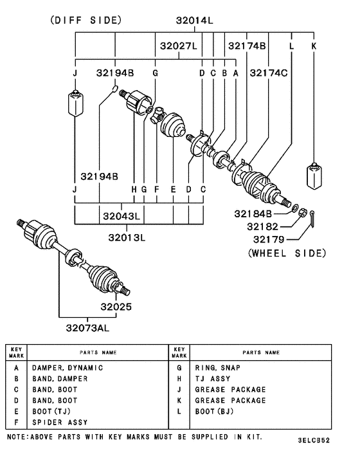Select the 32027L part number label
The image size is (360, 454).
[179, 47]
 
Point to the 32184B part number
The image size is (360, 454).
[253, 213]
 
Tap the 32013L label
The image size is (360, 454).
[126, 237]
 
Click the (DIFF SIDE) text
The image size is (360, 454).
[85, 20]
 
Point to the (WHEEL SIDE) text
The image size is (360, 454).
[287, 253]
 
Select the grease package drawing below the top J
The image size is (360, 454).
[76, 104]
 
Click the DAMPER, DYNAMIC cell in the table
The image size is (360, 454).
[67, 368]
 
